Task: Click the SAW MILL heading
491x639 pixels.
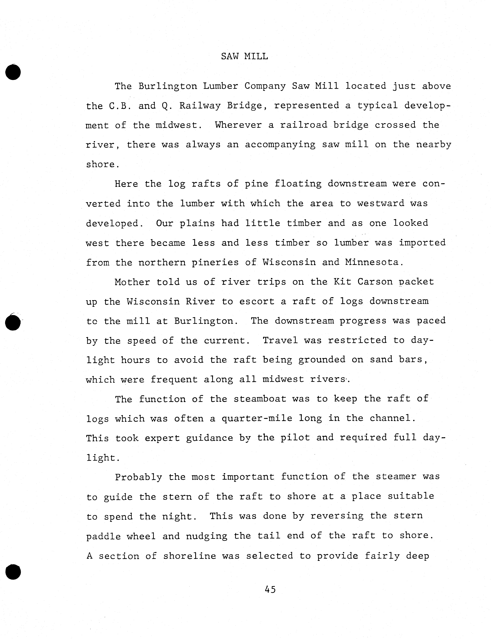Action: [244, 56]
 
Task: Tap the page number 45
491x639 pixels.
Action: [270, 589]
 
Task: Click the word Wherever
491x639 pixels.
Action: [238, 125]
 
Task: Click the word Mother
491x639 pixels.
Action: [132, 282]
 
